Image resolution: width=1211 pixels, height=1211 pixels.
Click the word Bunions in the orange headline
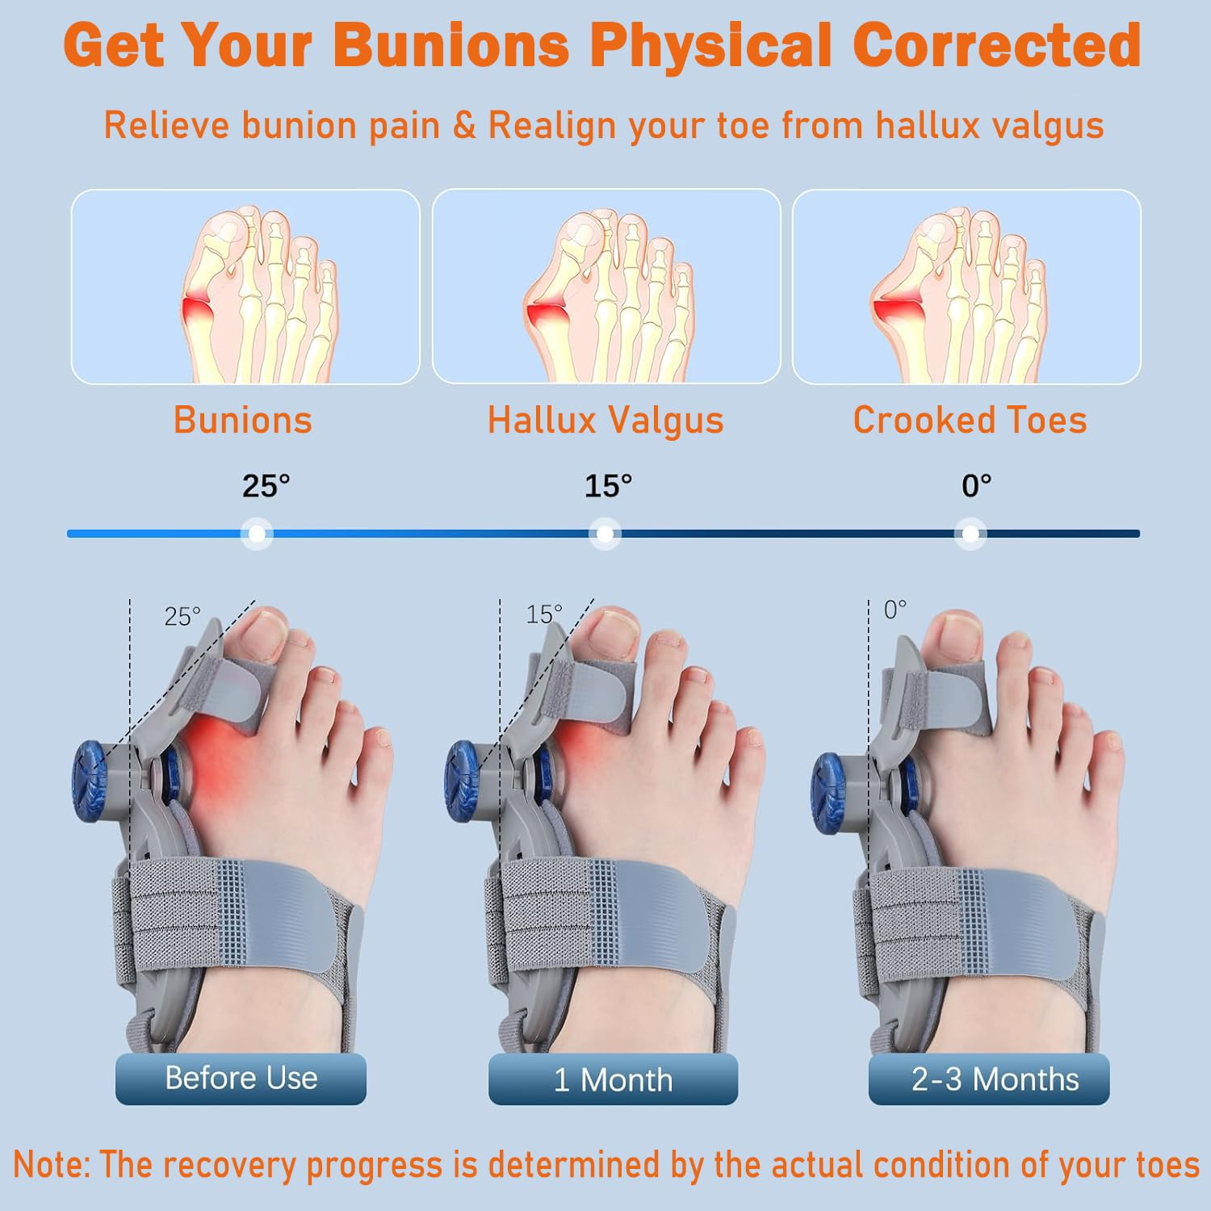450,45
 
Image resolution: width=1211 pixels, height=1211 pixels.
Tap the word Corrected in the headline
996,45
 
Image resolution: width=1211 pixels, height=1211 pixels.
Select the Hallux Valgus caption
605,421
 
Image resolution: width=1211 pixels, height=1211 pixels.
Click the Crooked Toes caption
970,421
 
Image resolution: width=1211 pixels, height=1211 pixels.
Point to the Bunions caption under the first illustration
243,421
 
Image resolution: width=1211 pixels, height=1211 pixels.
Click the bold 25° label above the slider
266,486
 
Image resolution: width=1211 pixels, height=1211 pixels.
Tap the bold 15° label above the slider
608,486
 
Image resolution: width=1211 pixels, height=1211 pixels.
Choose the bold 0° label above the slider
976,486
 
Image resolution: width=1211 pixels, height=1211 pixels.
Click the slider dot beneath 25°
257,534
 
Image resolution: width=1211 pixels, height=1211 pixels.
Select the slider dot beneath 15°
605,534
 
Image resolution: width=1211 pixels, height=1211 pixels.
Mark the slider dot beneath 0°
970,534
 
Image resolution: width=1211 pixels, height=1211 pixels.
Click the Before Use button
241,1079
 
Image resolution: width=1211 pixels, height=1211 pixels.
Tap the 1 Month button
613,1079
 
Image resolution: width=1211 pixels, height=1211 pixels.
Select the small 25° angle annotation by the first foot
182,617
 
